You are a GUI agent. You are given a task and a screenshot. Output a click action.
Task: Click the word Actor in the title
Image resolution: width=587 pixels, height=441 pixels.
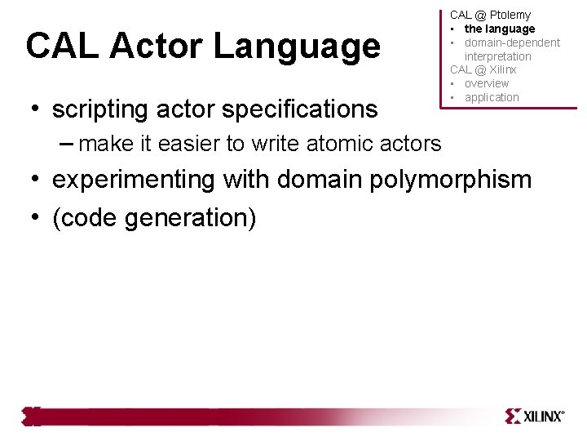(156, 47)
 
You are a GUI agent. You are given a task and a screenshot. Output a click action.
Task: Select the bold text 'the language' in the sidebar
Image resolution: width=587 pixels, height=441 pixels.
(500, 29)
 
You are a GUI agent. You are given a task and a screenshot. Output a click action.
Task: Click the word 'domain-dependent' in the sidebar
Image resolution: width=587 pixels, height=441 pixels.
(512, 42)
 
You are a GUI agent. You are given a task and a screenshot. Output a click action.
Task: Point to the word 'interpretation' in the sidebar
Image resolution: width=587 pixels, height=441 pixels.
(497, 56)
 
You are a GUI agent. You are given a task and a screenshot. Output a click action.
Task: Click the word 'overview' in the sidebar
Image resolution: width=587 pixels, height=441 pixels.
(487, 83)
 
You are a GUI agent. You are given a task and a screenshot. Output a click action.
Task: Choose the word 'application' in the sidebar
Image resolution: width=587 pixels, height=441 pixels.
(492, 97)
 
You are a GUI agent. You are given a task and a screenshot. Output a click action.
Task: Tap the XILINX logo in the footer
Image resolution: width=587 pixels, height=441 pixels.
(534, 416)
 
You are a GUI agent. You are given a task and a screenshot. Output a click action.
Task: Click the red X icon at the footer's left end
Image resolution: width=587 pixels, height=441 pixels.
(31, 416)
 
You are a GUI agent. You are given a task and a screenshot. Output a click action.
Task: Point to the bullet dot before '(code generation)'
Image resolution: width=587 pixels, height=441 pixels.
(37, 217)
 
